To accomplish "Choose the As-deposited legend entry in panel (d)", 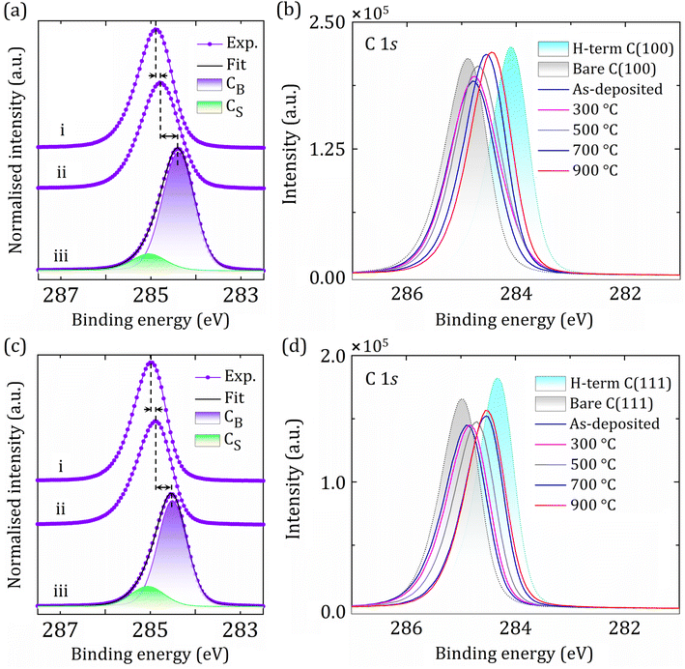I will pos(618,423).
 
